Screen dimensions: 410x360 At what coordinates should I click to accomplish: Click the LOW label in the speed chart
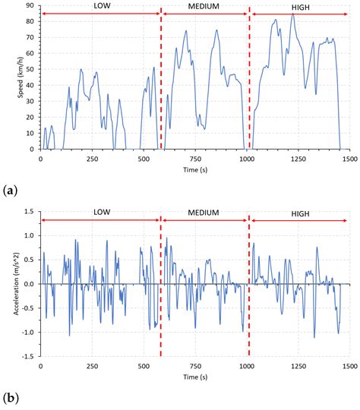pyautogui.click(x=100, y=6)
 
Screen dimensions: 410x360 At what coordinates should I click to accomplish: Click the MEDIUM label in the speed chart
pyautogui.click(x=205, y=6)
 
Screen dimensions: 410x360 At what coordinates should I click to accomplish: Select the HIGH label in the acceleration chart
pyautogui.click(x=300, y=213)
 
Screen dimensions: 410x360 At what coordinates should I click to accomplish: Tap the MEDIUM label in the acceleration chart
pyautogui.click(x=205, y=213)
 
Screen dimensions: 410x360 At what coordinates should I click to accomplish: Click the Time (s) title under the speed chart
pyautogui.click(x=194, y=170)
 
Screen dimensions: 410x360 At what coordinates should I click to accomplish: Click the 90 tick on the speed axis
pyautogui.click(x=32, y=5)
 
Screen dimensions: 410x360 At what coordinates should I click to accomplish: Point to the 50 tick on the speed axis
pyautogui.click(x=32, y=69)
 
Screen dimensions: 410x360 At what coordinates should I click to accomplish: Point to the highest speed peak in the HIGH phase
pyautogui.click(x=292, y=13)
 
